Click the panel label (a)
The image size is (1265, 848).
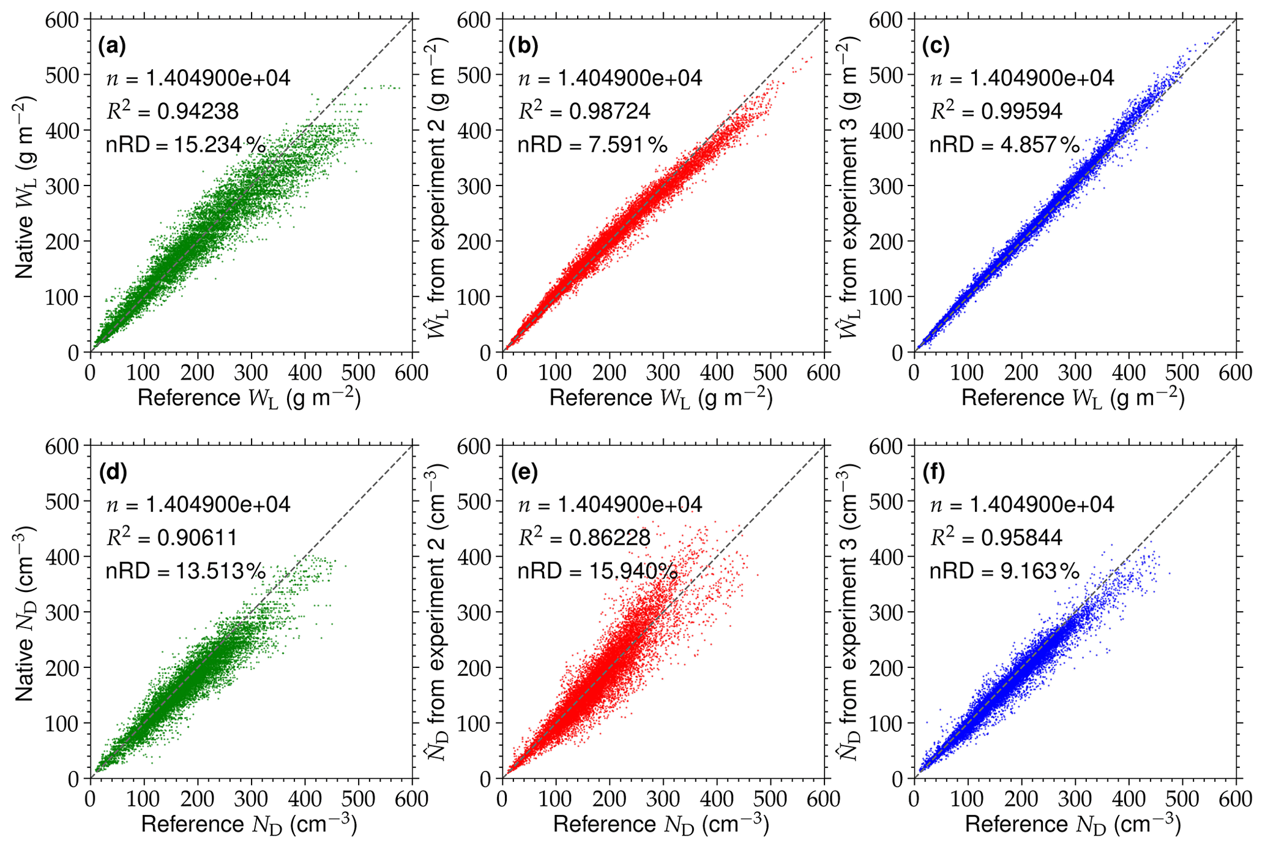coord(112,47)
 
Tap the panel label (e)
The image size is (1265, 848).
coord(524,473)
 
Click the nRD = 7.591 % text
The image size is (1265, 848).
coord(592,145)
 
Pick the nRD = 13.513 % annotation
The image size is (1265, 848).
coord(185,571)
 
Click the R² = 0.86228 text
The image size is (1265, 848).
coord(584,537)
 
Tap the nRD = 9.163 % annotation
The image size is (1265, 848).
coord(1004,571)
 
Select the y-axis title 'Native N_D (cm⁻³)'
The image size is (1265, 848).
coord(24,612)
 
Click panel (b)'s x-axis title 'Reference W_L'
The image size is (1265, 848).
coord(661,399)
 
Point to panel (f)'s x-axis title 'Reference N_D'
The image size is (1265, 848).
coord(1073,825)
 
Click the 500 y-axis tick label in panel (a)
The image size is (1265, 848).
coord(62,75)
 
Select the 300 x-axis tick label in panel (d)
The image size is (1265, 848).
coord(251,798)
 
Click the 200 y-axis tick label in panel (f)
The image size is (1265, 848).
coord(886,667)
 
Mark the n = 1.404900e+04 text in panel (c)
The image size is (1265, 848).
coord(1021,78)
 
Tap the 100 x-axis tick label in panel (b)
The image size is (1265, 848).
coord(556,372)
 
